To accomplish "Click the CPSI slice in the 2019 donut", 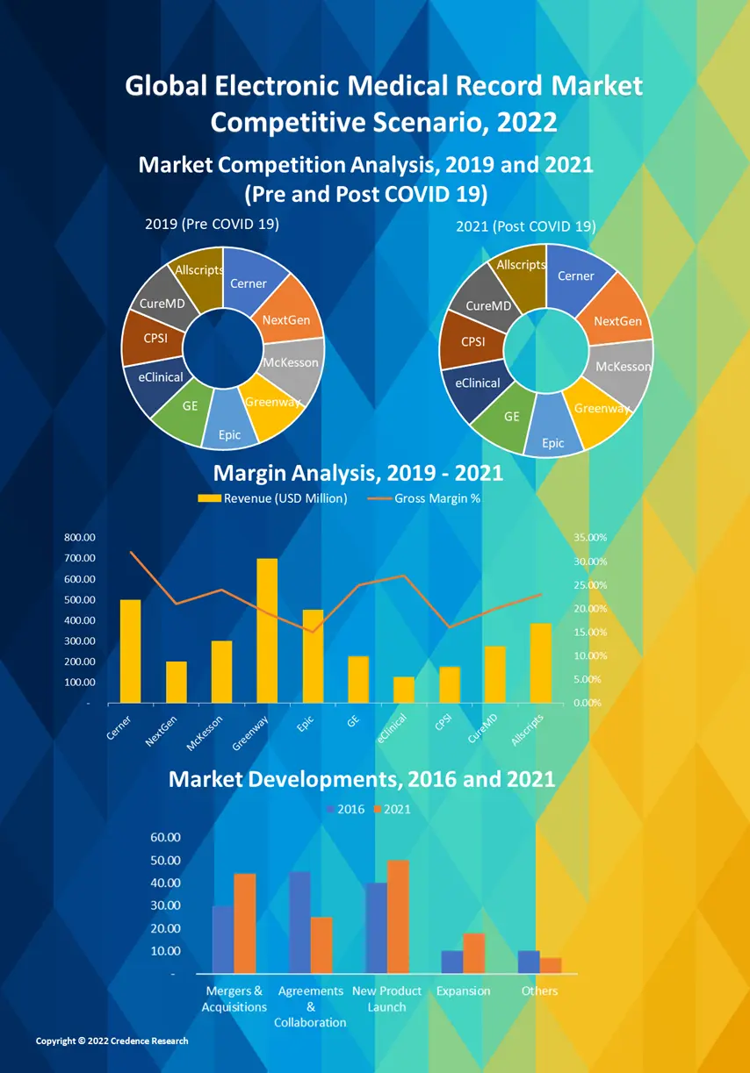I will pos(146,338).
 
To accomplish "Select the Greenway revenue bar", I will pos(267,630).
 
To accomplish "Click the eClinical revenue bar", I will pos(404,690).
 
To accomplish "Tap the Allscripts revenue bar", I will pos(541,662).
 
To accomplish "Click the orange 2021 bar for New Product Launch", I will pos(398,916).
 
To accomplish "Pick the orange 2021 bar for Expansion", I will pos(474,952).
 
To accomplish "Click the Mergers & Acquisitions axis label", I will pos(234,998).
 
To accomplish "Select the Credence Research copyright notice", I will pos(112,1041).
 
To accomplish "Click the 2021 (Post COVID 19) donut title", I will pos(525,226).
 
